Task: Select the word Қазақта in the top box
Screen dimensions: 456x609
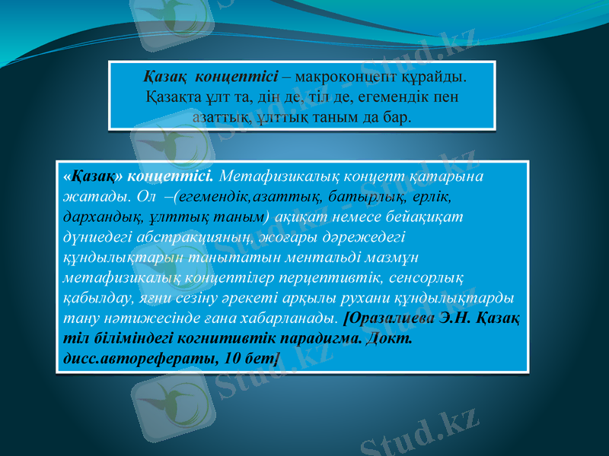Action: click(172, 98)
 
